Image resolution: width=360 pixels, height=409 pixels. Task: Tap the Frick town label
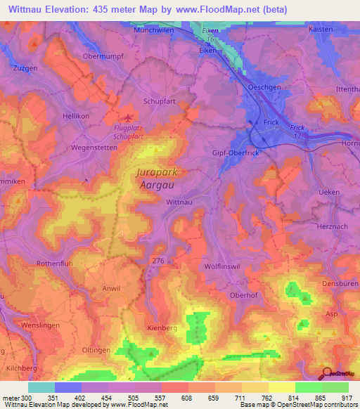(x=271, y=122)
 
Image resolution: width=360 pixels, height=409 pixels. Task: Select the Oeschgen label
(x=264, y=87)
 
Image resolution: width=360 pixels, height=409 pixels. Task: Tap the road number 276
(x=157, y=261)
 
